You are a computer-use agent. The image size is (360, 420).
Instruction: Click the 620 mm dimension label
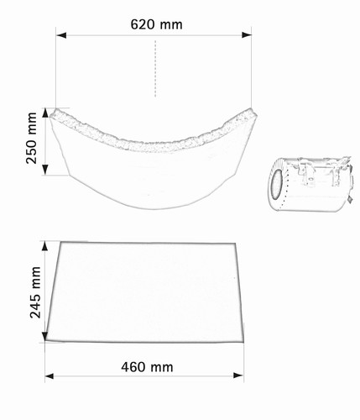pos(156,24)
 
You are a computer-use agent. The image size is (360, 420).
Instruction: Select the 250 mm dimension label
pos(31,138)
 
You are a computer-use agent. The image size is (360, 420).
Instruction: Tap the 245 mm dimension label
pos(35,292)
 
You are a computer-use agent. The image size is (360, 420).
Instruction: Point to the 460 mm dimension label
pos(147,367)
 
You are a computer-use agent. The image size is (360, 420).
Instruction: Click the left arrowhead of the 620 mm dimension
pos(61,35)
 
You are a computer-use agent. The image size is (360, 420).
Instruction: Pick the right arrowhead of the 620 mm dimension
pos(247,35)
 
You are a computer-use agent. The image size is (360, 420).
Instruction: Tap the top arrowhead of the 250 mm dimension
pos(45,113)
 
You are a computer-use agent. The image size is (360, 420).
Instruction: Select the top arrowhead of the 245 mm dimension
pos(44,245)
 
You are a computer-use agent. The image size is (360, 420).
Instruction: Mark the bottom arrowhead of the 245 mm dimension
pos(44,337)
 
